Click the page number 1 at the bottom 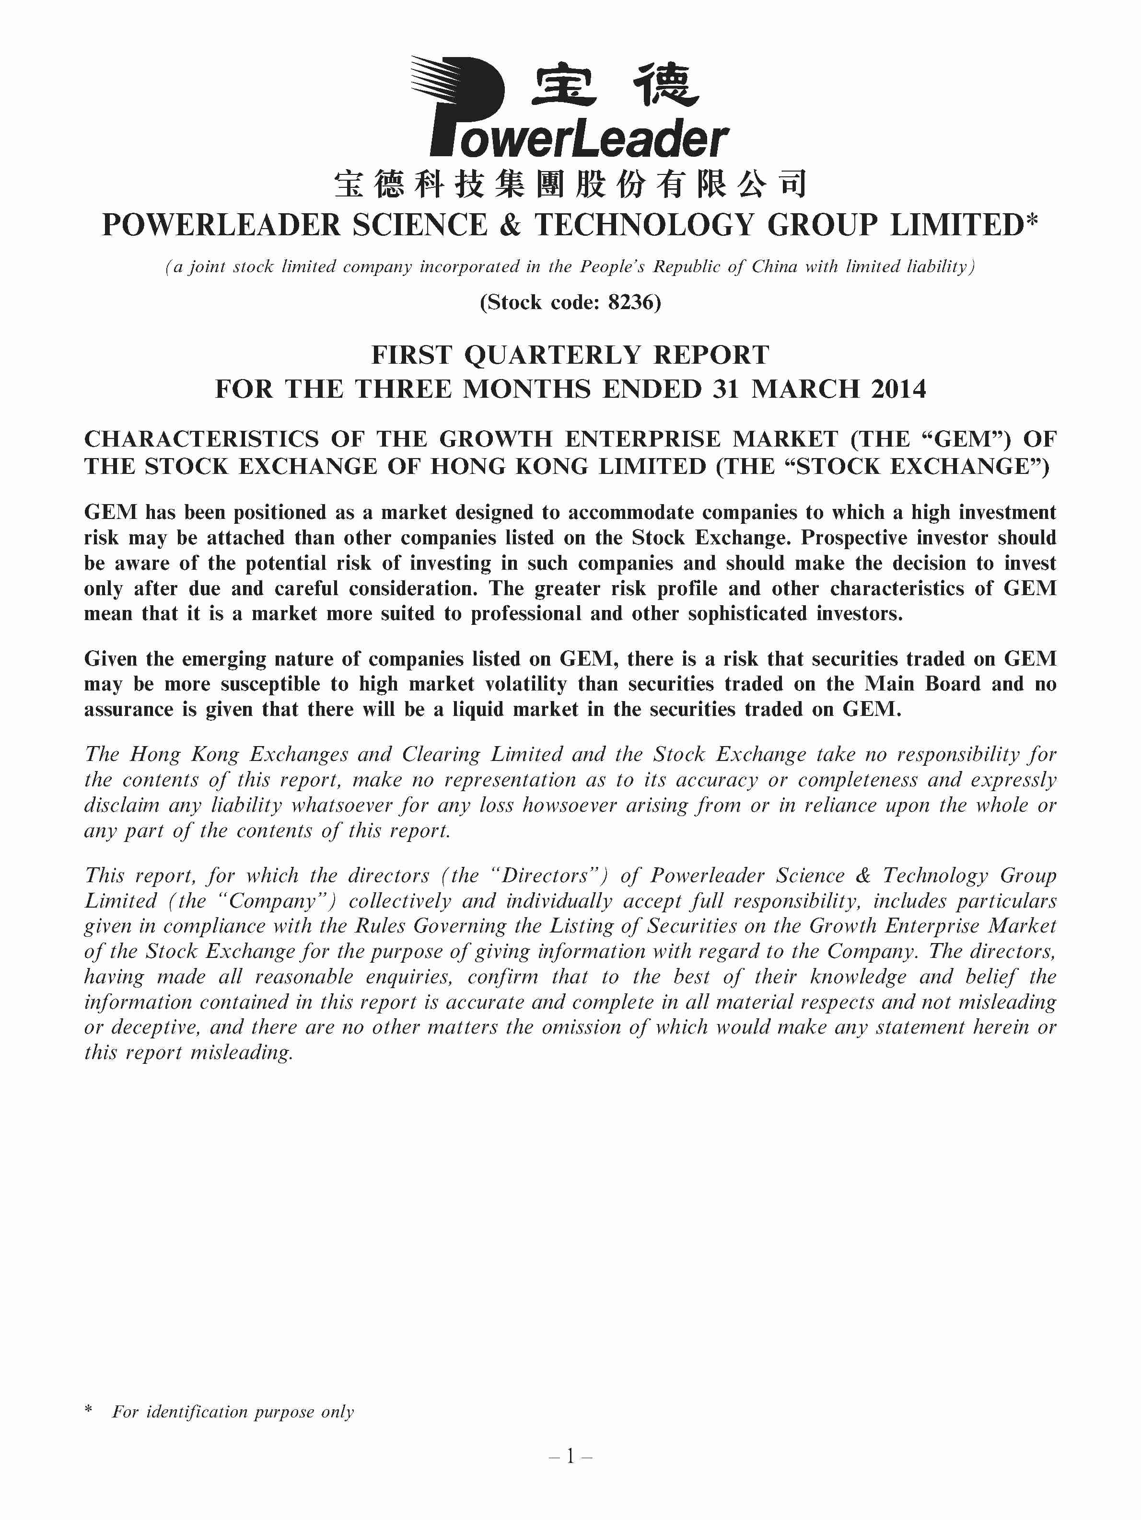click(x=570, y=1455)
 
